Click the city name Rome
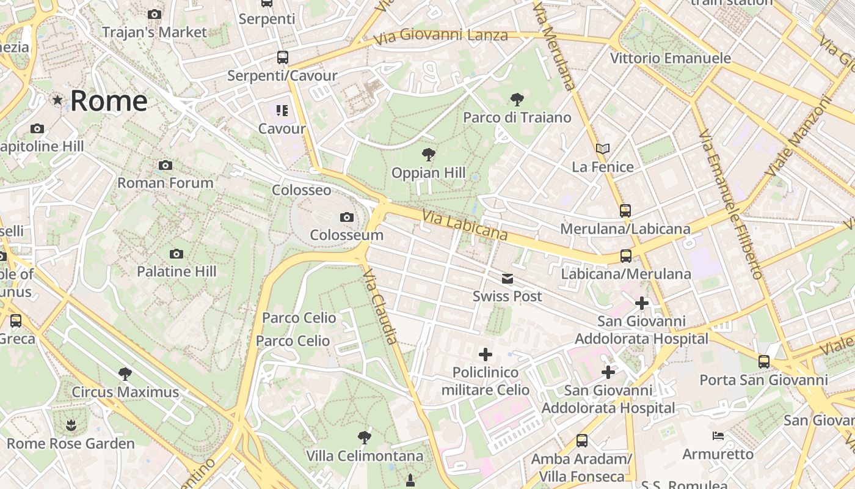point(109,101)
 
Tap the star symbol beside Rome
point(57,100)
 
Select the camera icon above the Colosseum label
point(346,218)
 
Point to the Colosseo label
point(301,190)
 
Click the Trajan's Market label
point(155,32)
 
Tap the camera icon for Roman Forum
point(165,166)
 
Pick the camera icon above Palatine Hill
point(176,254)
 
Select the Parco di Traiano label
point(517,117)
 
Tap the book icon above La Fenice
point(603,149)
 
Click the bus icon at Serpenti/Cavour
point(282,57)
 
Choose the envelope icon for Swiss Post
point(508,279)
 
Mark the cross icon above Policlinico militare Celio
point(486,355)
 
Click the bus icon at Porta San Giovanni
point(764,362)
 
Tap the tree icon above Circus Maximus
point(125,374)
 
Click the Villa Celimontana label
point(365,456)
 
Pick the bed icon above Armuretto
point(718,436)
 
